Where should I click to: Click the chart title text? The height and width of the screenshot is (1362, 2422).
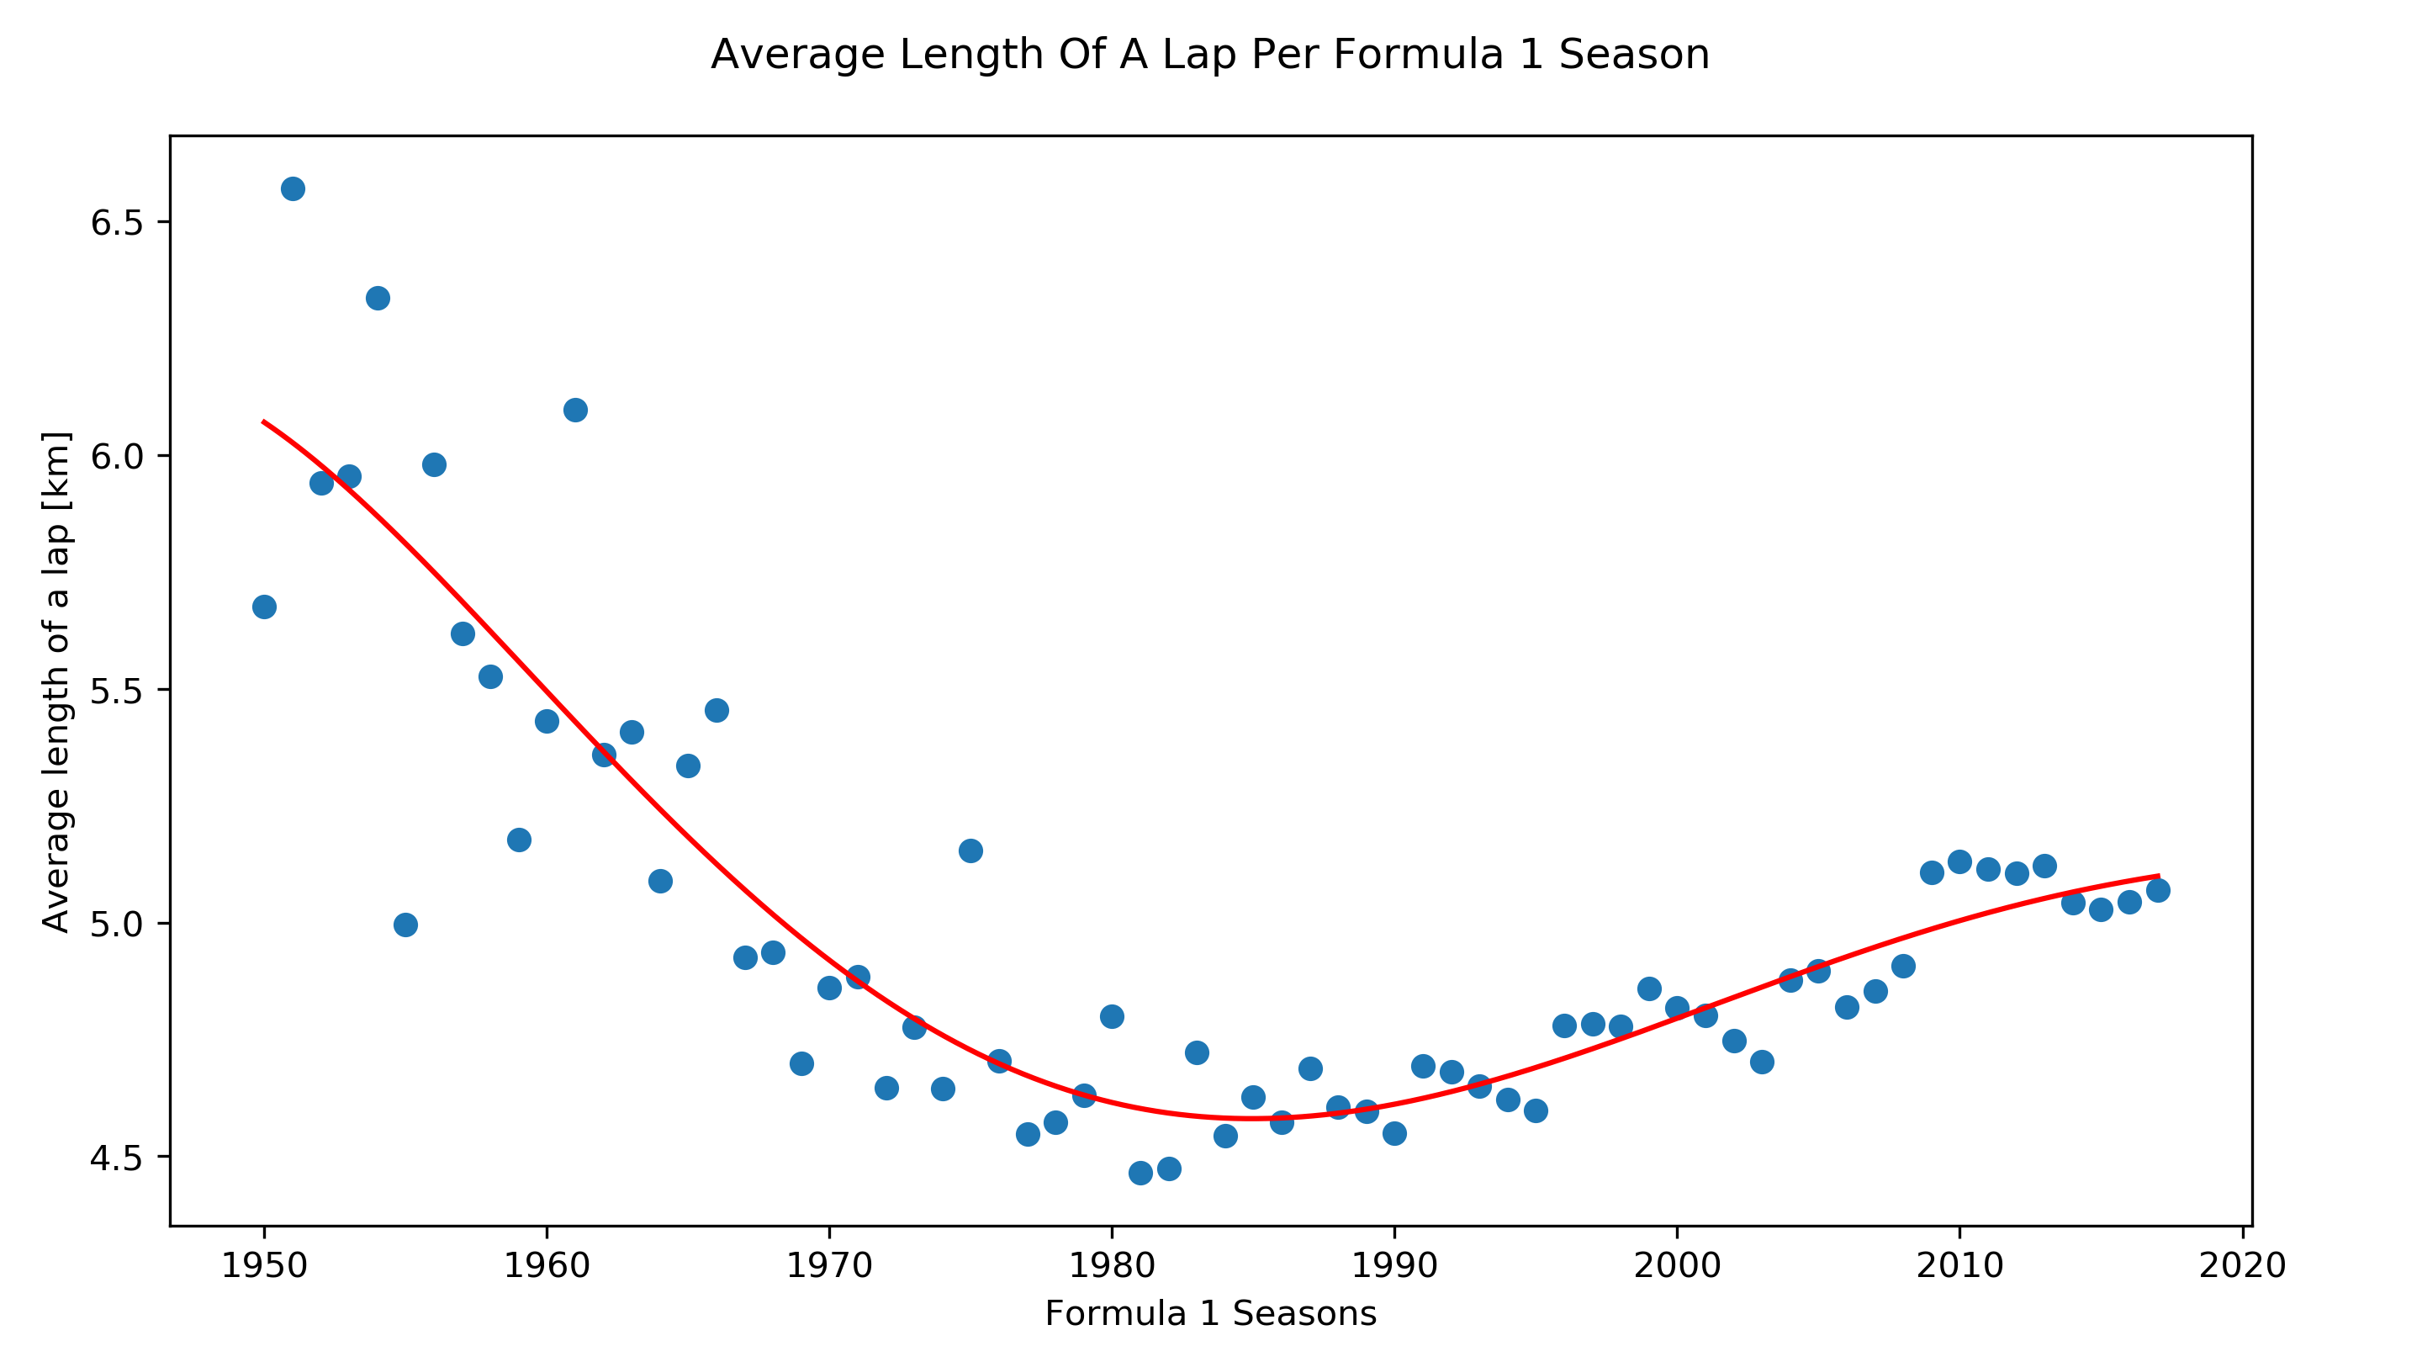pyautogui.click(x=1210, y=55)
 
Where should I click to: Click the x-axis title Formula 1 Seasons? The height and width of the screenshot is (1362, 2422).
pyautogui.click(x=1210, y=1313)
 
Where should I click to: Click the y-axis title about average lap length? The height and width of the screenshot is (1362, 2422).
pyautogui.click(x=56, y=682)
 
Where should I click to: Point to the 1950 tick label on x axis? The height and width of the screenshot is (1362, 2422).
pyautogui.click(x=264, y=1266)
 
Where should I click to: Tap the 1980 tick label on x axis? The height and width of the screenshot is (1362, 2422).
pyautogui.click(x=1111, y=1266)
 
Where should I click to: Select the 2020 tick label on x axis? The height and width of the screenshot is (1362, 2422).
pyautogui.click(x=2242, y=1266)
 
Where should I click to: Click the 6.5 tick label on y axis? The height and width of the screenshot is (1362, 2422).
pyautogui.click(x=116, y=223)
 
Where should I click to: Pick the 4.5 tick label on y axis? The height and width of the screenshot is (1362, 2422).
pyautogui.click(x=116, y=1158)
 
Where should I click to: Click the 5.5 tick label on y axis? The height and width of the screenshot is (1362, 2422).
pyautogui.click(x=116, y=691)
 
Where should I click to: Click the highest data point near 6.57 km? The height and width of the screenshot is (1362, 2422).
pyautogui.click(x=293, y=189)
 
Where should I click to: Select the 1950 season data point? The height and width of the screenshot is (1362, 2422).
pyautogui.click(x=264, y=607)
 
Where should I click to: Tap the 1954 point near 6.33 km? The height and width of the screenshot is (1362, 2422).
pyautogui.click(x=378, y=298)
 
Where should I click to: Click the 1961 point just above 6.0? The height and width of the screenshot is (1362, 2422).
pyautogui.click(x=575, y=410)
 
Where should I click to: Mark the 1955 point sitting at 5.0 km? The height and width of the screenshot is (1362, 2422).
pyautogui.click(x=405, y=925)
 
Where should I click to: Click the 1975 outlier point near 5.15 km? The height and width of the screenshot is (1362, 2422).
pyautogui.click(x=970, y=851)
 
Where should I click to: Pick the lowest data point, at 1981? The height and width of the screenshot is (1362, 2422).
pyautogui.click(x=1140, y=1173)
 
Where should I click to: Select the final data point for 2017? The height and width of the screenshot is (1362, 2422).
pyautogui.click(x=2158, y=890)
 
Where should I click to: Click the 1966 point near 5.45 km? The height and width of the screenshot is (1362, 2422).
pyautogui.click(x=717, y=710)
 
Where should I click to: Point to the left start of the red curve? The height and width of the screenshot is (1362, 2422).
pyautogui.click(x=264, y=421)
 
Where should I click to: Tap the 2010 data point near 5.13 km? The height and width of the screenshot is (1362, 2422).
pyautogui.click(x=1959, y=861)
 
